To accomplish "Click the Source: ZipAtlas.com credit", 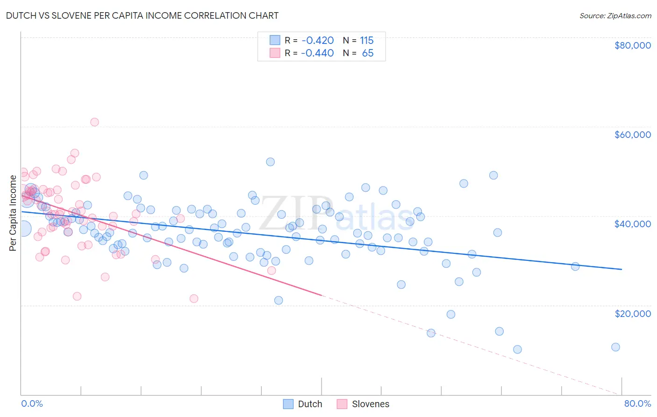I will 615,15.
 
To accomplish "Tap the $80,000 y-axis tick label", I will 632,45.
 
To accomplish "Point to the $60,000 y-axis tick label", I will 632,135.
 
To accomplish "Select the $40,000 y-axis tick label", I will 632,224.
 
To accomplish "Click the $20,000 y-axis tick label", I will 632,314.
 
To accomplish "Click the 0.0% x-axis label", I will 32,403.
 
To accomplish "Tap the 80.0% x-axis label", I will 637,403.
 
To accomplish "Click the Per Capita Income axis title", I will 13,213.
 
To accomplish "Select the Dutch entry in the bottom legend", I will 310,404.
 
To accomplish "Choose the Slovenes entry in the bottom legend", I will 370,404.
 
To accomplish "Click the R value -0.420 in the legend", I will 317,40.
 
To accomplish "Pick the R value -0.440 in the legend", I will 317,53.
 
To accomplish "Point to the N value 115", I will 367,40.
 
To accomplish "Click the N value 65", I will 368,53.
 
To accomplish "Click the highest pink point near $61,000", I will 94,122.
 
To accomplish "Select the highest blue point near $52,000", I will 270,162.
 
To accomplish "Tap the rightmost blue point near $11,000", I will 615,347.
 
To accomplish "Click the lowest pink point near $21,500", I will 194,298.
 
